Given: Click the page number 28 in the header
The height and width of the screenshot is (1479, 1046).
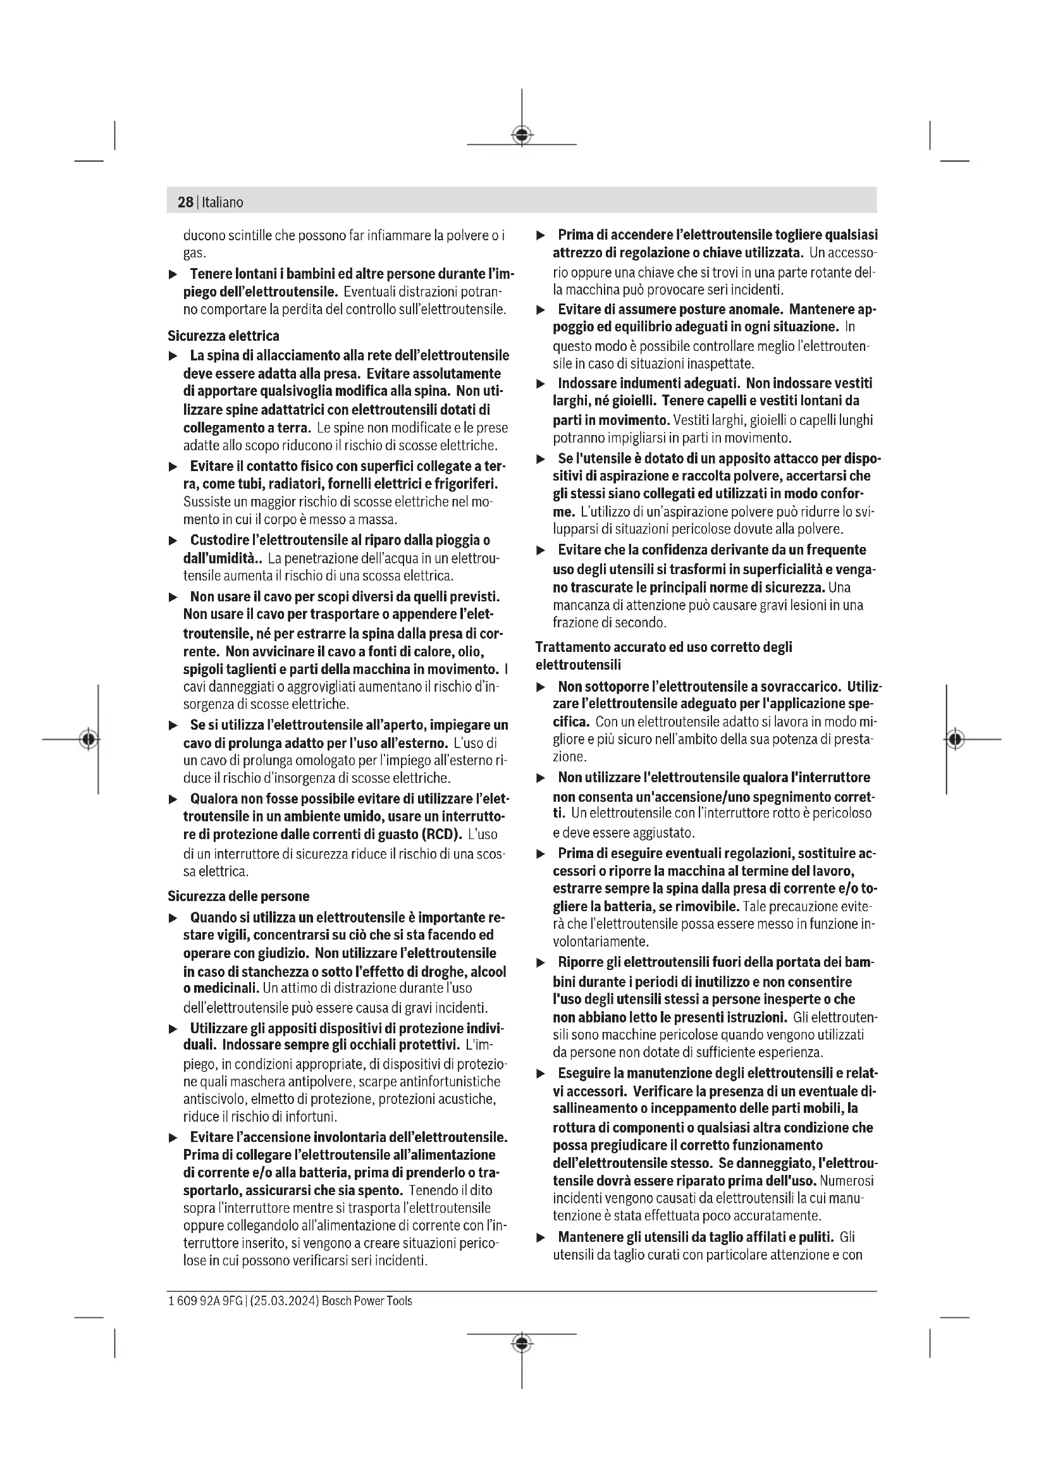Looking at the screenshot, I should pos(185,202).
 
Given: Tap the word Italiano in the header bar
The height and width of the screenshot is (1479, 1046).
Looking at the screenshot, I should pos(222,202).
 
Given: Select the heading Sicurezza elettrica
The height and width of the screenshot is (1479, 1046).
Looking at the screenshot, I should pos(223,336).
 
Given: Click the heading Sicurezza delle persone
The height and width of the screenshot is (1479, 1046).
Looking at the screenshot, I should pos(238,896).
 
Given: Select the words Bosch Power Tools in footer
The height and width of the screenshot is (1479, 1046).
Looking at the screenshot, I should pos(367,1301).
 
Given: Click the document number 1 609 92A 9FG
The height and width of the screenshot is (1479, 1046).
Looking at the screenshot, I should pos(205,1301).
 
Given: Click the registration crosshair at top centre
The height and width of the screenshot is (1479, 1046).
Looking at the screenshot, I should pos(522,135).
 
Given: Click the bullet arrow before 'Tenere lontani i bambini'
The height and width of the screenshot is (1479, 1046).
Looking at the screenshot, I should pos(173,274).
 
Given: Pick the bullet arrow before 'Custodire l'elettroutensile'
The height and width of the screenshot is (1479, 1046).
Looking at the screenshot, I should pos(173,541).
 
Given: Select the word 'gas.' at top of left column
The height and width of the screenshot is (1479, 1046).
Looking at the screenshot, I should pos(195,253).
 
